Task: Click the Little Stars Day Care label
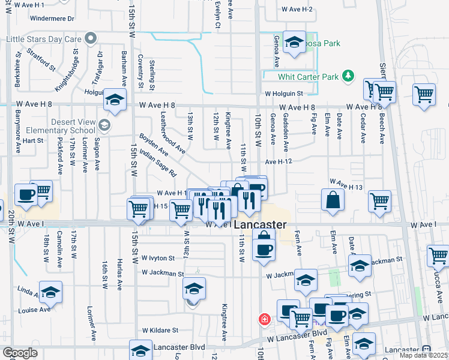(43, 40)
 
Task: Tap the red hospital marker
(264, 320)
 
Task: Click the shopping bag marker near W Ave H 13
(333, 201)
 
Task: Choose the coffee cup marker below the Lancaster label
(263, 248)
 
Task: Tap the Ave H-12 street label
(278, 162)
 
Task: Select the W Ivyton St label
(158, 258)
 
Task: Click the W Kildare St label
(160, 330)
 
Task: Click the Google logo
(20, 353)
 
